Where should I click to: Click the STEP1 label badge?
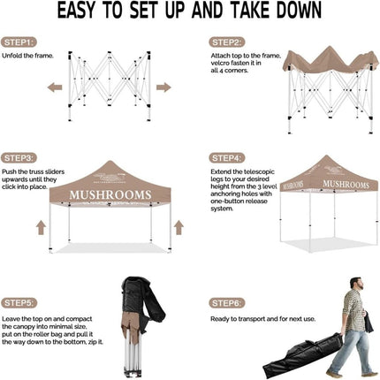tap(20, 42)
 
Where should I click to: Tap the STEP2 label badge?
tap(227, 42)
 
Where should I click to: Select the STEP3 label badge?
tap(20, 157)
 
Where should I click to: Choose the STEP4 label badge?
tap(227, 157)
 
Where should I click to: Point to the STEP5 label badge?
tap(20, 303)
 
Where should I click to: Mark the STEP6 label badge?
tap(227, 303)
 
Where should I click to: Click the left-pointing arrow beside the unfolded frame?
tap(55, 87)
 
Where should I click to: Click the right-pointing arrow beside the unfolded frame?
tap(163, 87)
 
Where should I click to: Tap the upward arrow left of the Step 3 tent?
tap(41, 227)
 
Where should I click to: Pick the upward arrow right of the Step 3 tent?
tap(179, 227)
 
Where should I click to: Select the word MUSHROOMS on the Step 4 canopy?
tap(346, 184)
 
